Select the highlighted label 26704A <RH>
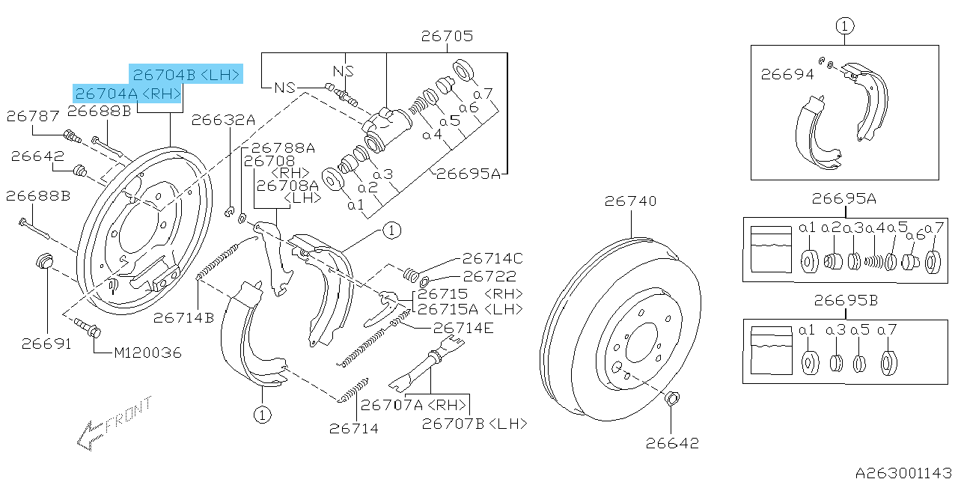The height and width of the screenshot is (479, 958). [128, 94]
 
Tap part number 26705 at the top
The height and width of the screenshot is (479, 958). [447, 36]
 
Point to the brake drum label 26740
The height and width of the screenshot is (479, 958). [631, 201]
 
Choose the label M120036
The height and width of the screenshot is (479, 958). [147, 353]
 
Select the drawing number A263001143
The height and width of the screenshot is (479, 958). [905, 472]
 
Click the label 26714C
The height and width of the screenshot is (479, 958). [492, 259]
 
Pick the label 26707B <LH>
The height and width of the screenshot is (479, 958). [474, 424]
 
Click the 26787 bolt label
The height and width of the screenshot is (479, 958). [32, 116]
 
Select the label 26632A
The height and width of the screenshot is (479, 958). [223, 120]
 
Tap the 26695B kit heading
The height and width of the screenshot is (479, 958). [846, 301]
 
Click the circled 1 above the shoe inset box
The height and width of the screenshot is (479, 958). [844, 27]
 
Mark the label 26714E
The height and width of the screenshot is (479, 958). [464, 327]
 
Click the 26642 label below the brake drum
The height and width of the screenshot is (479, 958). [672, 443]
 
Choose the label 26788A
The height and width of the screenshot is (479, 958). [283, 148]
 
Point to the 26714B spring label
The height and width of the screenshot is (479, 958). [184, 318]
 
